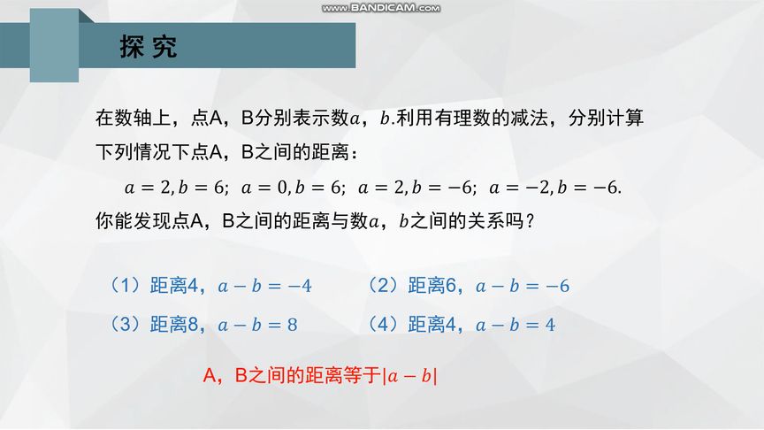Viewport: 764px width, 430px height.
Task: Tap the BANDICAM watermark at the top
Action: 381,8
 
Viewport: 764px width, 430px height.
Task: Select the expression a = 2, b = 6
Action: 176,188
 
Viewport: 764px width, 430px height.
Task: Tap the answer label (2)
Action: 384,286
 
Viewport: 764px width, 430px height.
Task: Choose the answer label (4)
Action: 384,325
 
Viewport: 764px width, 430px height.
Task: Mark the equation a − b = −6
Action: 523,287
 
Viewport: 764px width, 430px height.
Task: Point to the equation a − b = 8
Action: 258,326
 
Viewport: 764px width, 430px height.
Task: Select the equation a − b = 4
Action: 516,326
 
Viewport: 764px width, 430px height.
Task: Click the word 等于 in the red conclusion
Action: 363,376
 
